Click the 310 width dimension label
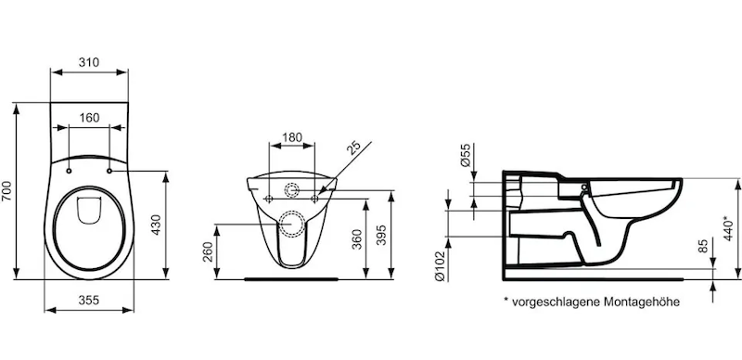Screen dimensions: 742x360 click(x=89, y=62)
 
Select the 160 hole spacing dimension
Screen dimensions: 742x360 click(x=89, y=118)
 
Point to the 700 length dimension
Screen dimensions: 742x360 click(x=6, y=191)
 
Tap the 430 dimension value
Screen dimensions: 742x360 click(x=156, y=225)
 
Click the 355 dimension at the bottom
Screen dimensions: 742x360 click(x=89, y=301)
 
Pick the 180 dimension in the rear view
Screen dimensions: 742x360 click(x=292, y=137)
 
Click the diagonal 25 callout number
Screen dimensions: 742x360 click(x=354, y=148)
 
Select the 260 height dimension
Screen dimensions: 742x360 click(x=207, y=254)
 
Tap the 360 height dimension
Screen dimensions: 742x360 click(x=357, y=238)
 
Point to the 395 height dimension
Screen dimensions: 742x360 click(x=382, y=234)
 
